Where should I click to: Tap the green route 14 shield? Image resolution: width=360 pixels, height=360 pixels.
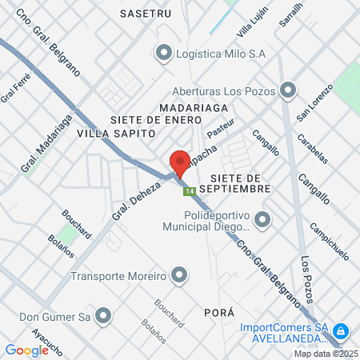(189, 191)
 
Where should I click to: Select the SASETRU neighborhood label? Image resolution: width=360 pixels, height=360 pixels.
(146, 14)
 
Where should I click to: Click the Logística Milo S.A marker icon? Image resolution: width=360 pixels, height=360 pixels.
(164, 54)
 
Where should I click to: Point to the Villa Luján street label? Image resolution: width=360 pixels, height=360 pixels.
(252, 25)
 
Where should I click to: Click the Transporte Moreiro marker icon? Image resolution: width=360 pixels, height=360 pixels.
(179, 277)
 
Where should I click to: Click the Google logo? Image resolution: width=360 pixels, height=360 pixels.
(26, 350)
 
